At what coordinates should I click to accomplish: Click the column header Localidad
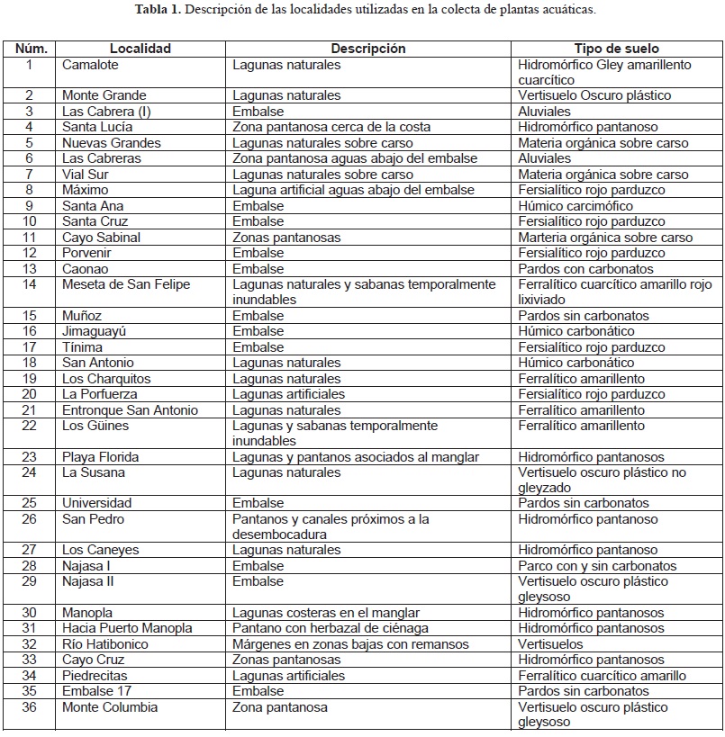[x=140, y=49]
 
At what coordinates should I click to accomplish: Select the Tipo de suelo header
[x=616, y=49]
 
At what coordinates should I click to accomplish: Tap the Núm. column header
[x=29, y=49]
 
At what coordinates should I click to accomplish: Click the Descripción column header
[x=368, y=49]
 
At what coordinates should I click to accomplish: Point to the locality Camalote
[x=90, y=65]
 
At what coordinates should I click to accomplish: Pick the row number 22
[x=29, y=426]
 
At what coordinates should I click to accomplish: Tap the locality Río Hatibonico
[x=105, y=644]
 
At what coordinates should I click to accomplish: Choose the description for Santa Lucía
[x=331, y=127]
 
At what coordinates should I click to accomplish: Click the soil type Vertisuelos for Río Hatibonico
[x=550, y=644]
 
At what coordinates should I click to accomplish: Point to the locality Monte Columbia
[x=110, y=707]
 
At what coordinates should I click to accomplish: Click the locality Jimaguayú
[x=95, y=331]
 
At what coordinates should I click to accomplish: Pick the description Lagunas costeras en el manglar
[x=327, y=613]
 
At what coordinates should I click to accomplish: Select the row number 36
[x=29, y=707]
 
